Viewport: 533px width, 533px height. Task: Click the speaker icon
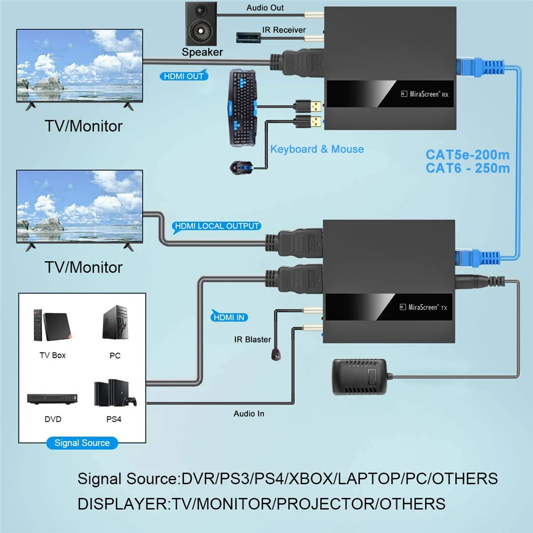pos(201,23)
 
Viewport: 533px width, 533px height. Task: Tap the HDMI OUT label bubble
pos(184,76)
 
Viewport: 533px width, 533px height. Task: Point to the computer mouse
pos(242,168)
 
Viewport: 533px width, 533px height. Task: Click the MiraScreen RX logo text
pos(425,94)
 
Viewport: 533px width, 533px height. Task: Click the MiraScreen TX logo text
pos(424,307)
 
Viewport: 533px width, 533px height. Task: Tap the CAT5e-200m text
pos(467,155)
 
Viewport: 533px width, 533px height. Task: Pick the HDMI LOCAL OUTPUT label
pos(217,227)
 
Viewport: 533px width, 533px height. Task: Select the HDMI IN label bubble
pos(229,317)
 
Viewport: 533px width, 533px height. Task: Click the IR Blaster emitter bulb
pos(276,355)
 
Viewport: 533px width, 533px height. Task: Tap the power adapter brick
pos(359,376)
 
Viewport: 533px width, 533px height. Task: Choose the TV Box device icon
pos(52,326)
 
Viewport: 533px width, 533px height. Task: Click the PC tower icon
pos(115,323)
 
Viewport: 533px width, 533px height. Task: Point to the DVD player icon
pos(52,399)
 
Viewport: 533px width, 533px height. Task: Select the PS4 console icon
pos(115,393)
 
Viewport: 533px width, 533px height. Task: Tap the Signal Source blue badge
pos(82,443)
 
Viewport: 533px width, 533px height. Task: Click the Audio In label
pos(249,414)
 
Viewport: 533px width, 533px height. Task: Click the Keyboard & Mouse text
pos(317,149)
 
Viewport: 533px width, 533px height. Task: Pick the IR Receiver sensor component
pos(249,37)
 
